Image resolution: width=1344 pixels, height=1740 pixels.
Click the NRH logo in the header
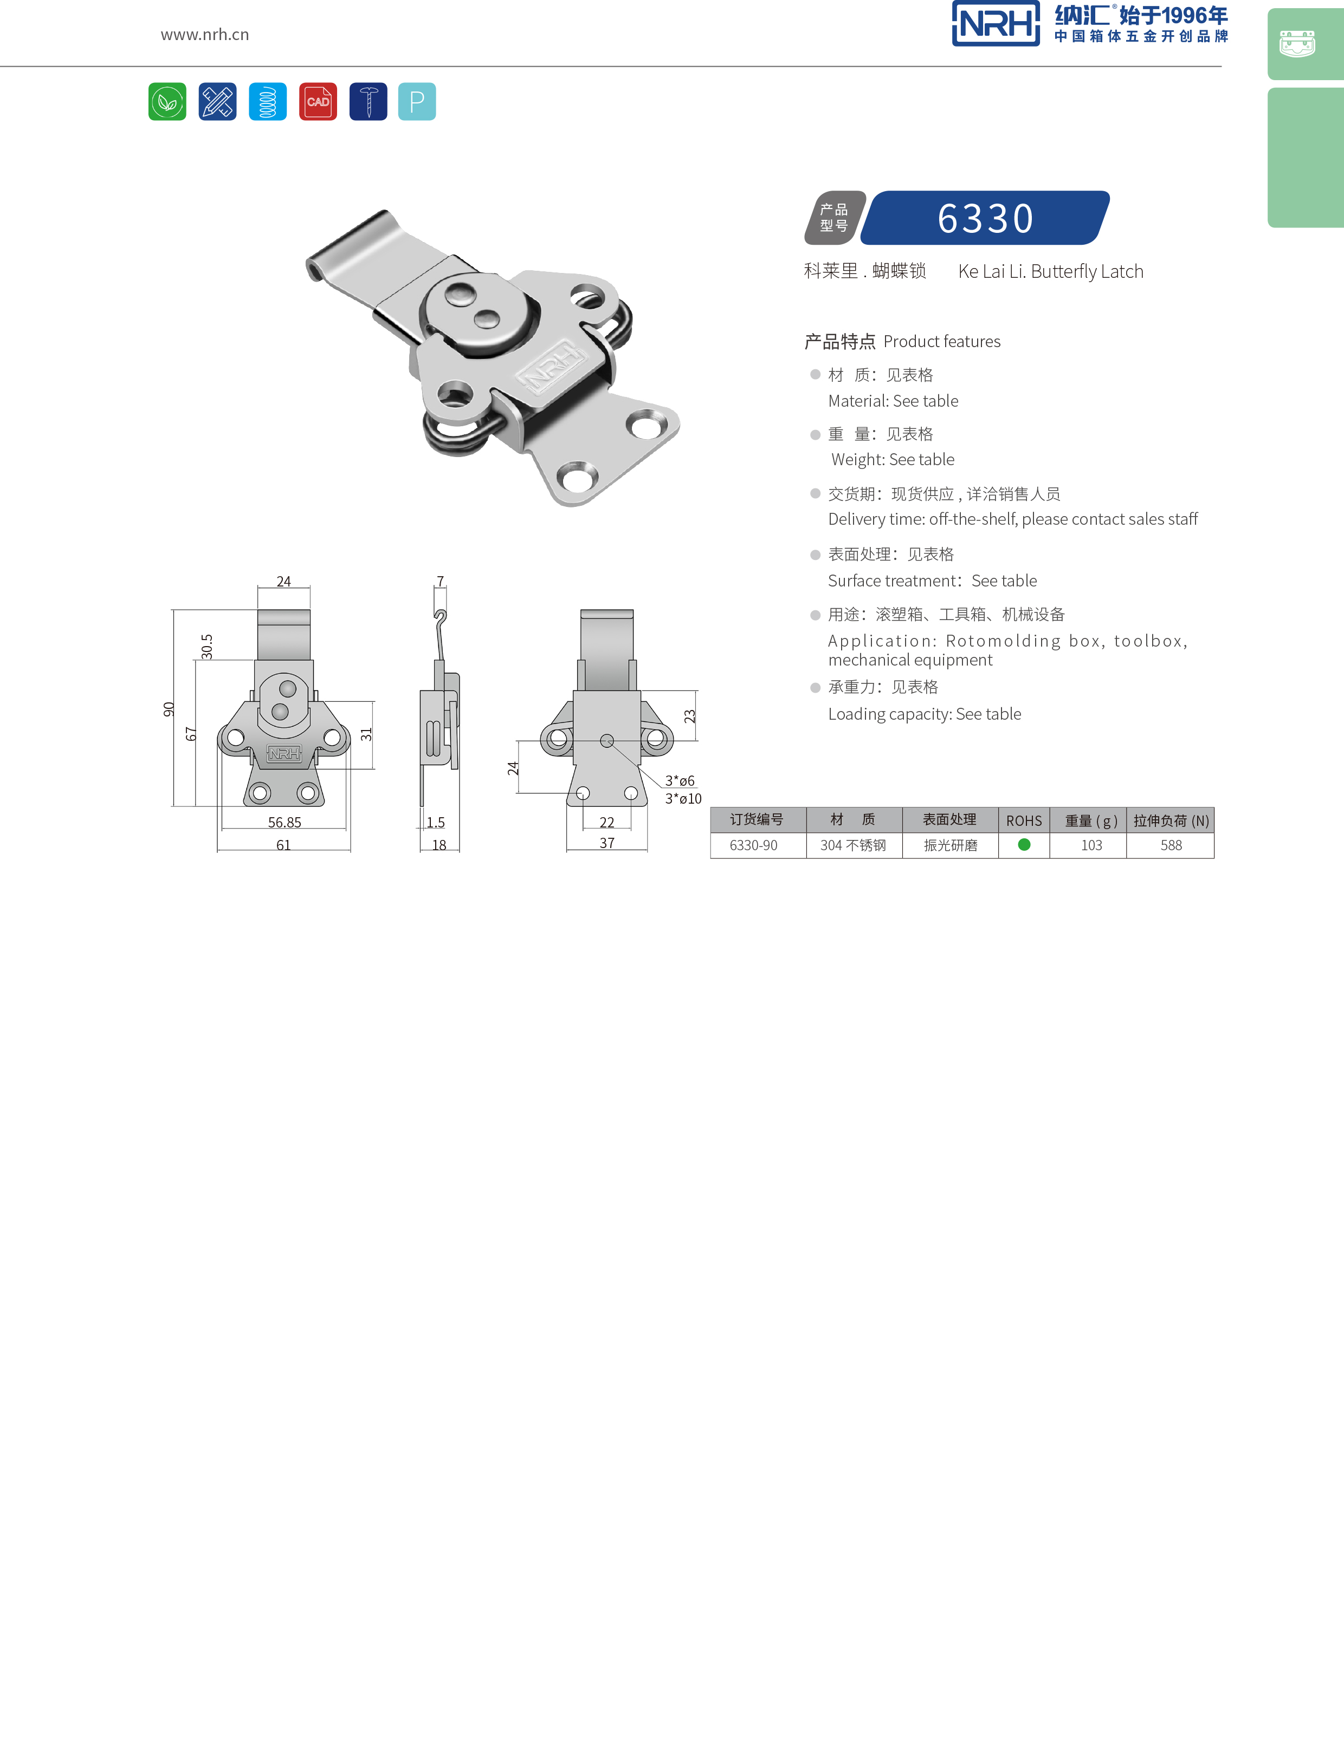pyautogui.click(x=995, y=24)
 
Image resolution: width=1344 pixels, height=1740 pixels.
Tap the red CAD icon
pyautogui.click(x=318, y=102)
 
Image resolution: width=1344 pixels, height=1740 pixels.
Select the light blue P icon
pyautogui.click(x=417, y=102)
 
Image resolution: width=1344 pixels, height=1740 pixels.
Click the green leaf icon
pyautogui.click(x=167, y=102)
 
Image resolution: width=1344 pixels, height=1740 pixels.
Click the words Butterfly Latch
pyautogui.click(x=1087, y=272)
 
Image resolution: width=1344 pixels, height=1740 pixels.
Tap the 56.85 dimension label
pyautogui.click(x=285, y=822)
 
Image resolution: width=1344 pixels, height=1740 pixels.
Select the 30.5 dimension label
pyautogui.click(x=207, y=646)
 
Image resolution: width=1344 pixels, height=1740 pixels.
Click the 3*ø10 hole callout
pyautogui.click(x=683, y=798)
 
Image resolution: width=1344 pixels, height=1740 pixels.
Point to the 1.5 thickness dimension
pyautogui.click(x=435, y=822)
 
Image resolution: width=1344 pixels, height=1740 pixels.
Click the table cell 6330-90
pyautogui.click(x=753, y=845)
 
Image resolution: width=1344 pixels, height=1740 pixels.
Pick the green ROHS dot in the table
pyautogui.click(x=1024, y=844)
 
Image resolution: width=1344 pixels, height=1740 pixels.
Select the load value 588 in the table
pyautogui.click(x=1171, y=845)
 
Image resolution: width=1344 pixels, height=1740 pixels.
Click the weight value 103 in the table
pyautogui.click(x=1091, y=845)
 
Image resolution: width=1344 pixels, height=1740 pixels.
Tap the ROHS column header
pyautogui.click(x=1024, y=820)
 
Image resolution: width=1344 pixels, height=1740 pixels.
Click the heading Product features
pyautogui.click(x=941, y=342)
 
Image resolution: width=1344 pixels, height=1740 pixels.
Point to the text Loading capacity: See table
pyautogui.click(x=924, y=714)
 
